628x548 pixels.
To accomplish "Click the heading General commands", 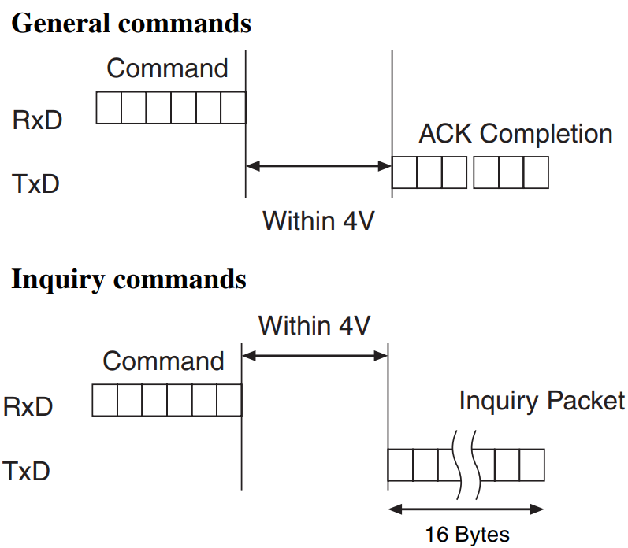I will tap(132, 23).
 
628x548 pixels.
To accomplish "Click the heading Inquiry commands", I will tap(128, 279).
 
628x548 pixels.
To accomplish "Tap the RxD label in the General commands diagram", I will tap(37, 120).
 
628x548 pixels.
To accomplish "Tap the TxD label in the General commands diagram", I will tap(36, 184).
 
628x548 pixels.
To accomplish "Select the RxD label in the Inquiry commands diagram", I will tap(28, 406).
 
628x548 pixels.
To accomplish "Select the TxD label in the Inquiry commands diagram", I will tap(27, 471).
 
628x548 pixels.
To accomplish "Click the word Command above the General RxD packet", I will tap(167, 68).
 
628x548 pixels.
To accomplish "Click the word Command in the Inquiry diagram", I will tap(163, 361).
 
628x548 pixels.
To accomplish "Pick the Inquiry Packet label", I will tap(541, 401).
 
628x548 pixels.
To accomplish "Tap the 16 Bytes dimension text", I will tap(467, 535).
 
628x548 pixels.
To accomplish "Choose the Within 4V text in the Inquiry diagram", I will tap(314, 325).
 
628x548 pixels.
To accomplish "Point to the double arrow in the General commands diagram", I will tap(319, 166).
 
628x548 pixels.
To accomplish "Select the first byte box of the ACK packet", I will tap(405, 172).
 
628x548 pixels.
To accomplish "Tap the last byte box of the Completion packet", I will tap(535, 172).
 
